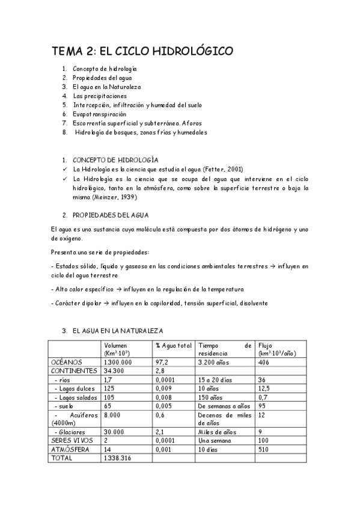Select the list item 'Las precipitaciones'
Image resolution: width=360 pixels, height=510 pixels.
point(100,96)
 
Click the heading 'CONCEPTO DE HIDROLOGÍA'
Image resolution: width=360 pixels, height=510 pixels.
point(115,160)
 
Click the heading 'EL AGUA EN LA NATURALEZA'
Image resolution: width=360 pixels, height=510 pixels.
point(117,331)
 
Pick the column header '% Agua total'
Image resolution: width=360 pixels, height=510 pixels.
point(173,345)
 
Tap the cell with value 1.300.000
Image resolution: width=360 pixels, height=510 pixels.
point(118,363)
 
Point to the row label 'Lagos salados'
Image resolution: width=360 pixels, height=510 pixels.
point(75,397)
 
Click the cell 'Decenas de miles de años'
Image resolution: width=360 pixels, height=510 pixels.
point(224,419)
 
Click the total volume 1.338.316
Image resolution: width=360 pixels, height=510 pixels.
point(118,458)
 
